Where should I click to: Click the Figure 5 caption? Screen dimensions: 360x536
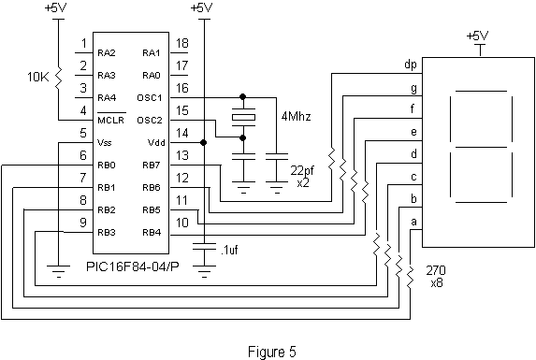(x=271, y=353)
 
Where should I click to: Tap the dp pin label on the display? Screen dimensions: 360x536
(x=409, y=65)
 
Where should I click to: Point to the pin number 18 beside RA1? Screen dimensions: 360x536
(x=182, y=44)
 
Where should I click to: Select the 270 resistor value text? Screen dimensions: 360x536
(x=436, y=268)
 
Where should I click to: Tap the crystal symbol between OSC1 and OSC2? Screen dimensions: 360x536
(x=243, y=117)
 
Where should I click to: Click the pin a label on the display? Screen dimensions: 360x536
(x=413, y=221)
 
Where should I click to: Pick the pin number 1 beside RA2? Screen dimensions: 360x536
(x=84, y=44)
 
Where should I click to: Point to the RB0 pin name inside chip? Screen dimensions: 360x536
(x=106, y=166)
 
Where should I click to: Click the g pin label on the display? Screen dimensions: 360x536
(x=413, y=88)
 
